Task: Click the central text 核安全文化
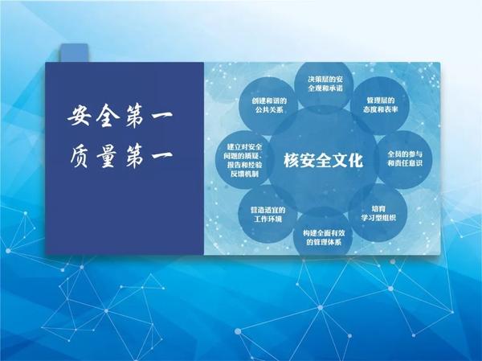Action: (x=323, y=160)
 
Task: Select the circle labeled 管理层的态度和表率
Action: (x=380, y=105)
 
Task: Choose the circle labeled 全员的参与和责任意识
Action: (x=404, y=159)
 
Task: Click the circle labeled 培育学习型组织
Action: (x=378, y=213)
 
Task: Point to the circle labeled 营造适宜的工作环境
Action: (x=268, y=214)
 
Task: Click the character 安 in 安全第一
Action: (x=80, y=116)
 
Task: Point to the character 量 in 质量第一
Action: (x=108, y=156)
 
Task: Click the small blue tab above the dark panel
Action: (x=74, y=53)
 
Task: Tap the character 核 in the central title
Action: (x=291, y=160)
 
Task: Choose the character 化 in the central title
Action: (x=355, y=160)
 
